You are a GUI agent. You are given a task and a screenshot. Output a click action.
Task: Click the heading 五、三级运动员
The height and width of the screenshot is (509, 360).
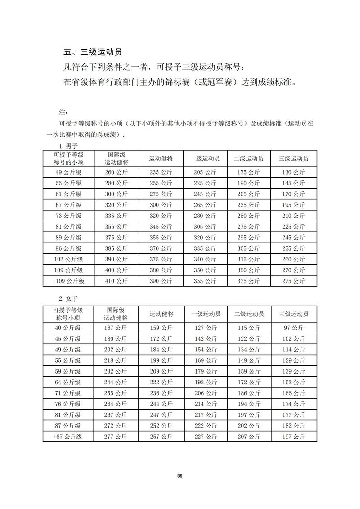tap(93, 52)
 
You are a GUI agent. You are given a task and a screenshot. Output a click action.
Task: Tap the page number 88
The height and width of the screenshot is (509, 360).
tap(180, 476)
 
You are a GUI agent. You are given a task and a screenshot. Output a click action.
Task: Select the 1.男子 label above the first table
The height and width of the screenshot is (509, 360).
tap(69, 146)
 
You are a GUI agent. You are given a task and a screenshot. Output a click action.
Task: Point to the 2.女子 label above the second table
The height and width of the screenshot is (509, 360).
tap(69, 299)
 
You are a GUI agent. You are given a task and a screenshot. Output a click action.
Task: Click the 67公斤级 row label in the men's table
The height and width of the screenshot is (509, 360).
tap(69, 205)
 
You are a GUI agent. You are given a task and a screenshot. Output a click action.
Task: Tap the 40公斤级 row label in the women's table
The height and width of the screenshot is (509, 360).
tap(68, 328)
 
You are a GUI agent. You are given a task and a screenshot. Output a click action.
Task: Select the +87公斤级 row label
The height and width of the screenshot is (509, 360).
tap(68, 436)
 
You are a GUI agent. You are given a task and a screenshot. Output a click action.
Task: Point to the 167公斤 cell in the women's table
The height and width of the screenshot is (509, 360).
tap(116, 328)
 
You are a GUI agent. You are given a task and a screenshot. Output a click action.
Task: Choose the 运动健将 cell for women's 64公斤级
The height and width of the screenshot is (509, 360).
tap(161, 382)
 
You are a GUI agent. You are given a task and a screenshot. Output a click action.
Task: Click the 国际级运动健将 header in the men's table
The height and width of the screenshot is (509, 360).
tap(116, 158)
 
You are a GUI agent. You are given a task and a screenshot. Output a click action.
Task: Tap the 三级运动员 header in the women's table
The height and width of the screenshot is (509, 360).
tap(293, 314)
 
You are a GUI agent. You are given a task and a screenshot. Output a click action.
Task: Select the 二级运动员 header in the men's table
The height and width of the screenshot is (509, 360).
tap(248, 158)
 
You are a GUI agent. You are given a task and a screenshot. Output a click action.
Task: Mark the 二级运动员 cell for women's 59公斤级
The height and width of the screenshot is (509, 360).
tap(249, 371)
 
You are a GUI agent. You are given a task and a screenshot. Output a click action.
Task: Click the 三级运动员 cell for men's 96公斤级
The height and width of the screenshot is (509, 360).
tap(293, 248)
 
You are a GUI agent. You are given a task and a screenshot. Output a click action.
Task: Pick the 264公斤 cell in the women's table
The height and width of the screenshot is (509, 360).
tap(116, 404)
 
